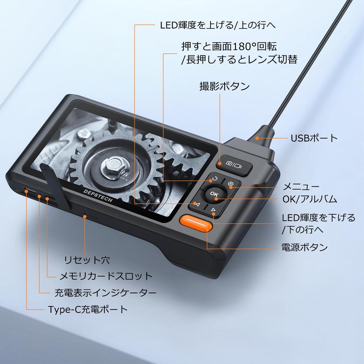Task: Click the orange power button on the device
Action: (x=196, y=223)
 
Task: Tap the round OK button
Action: (x=214, y=194)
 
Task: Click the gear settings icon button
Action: (x=230, y=184)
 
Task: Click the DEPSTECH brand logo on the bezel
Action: (x=98, y=196)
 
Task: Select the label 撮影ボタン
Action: (x=225, y=86)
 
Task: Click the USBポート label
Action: (x=314, y=138)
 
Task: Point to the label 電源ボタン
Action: (x=304, y=247)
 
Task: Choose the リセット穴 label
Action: (x=87, y=260)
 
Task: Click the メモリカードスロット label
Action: (x=106, y=276)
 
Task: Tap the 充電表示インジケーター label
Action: (x=105, y=293)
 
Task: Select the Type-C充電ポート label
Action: (x=88, y=310)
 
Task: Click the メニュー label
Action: (x=301, y=187)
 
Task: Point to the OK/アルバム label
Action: (x=310, y=199)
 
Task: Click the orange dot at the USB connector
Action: (x=257, y=138)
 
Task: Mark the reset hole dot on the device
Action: (x=85, y=216)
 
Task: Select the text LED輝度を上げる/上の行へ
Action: (x=218, y=25)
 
